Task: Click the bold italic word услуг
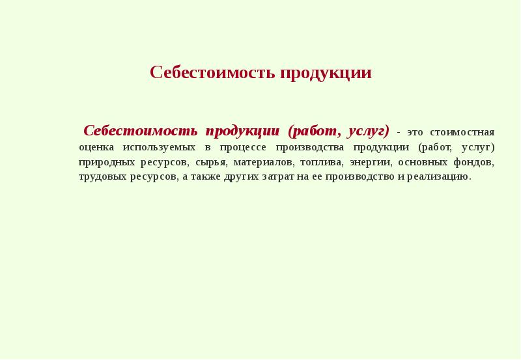coord(368,130)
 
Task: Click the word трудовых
coord(100,176)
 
